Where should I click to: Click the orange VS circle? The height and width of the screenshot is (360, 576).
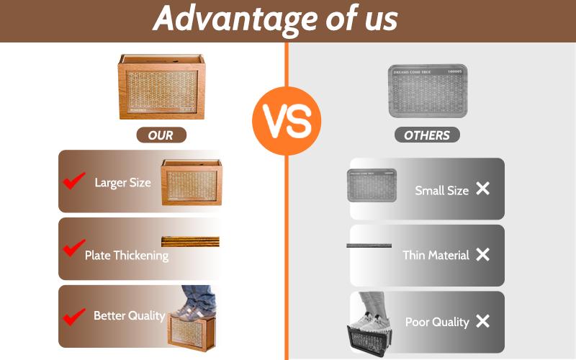287,120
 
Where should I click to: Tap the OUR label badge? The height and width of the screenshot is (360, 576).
161,135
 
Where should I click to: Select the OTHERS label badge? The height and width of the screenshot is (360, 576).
426,135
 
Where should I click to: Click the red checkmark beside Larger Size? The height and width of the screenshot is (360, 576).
73,181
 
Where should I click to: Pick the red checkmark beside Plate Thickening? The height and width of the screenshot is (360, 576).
73,248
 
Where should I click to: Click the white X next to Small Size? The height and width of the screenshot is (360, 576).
482,189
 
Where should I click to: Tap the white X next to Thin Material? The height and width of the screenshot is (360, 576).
482,254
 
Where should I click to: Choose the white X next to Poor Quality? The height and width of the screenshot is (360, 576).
482,321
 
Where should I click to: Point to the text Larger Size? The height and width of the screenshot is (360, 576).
122,182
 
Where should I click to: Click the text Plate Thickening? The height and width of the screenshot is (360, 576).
127,255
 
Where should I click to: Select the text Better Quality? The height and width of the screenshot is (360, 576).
129,315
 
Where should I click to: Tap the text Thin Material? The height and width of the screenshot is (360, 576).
436,255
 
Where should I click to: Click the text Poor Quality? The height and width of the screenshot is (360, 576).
437,322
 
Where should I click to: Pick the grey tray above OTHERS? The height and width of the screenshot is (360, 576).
427,91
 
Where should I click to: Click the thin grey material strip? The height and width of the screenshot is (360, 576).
369,246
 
